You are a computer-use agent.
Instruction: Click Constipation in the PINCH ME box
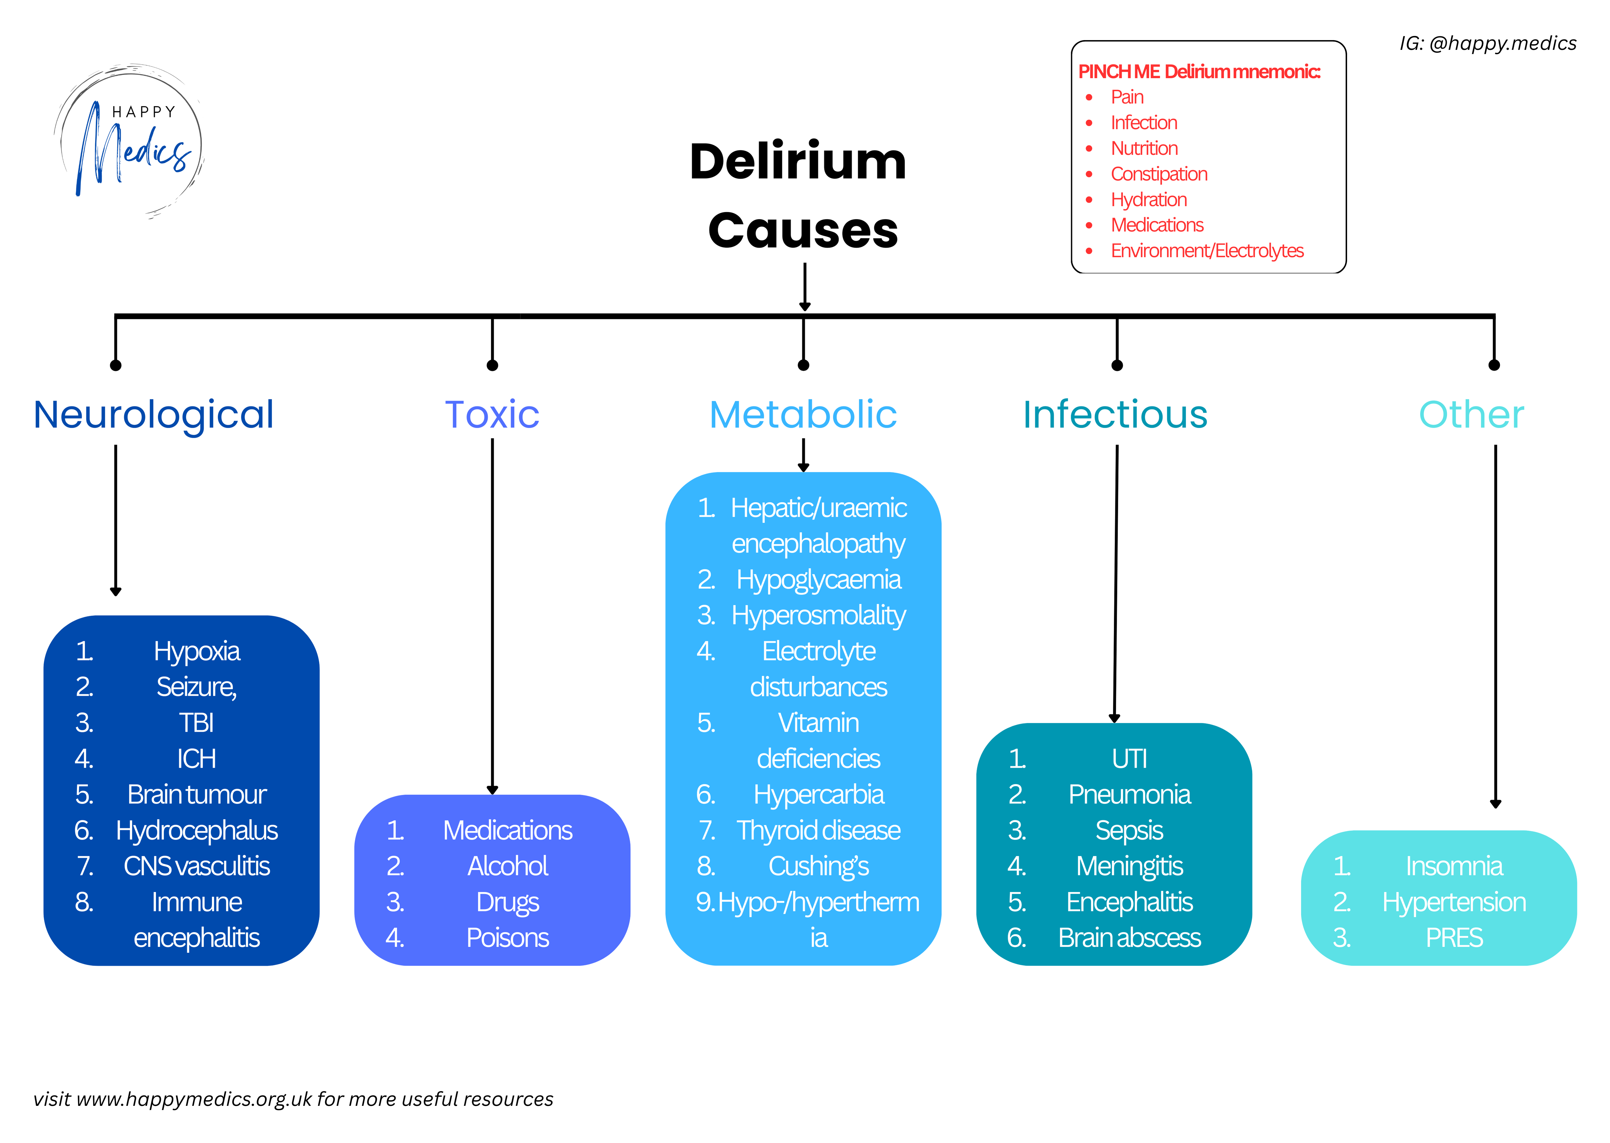point(1158,174)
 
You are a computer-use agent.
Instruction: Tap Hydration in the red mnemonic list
point(1149,200)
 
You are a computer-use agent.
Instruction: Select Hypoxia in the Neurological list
point(197,651)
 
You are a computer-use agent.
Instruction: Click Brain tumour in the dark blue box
point(197,795)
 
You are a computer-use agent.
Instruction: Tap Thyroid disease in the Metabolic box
point(819,831)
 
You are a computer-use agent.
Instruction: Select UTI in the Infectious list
point(1130,759)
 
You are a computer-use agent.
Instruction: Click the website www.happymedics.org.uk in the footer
point(193,1099)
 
